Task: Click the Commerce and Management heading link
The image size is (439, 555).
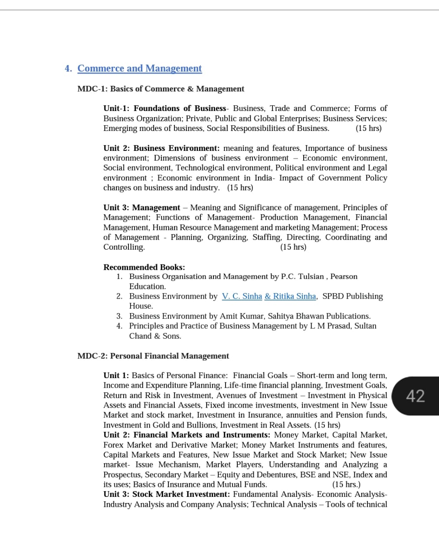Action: tap(139, 69)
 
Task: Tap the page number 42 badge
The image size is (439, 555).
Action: tap(415, 396)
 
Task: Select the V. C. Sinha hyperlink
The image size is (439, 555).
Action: tap(242, 296)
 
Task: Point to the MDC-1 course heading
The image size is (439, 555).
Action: tap(161, 89)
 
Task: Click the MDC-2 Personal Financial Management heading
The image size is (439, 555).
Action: tap(153, 356)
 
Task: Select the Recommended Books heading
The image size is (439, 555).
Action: tap(144, 267)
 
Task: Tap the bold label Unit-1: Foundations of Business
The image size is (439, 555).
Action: tap(165, 108)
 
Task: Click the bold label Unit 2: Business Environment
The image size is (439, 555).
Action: tap(161, 148)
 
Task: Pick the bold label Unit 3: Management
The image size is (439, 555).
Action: tap(141, 208)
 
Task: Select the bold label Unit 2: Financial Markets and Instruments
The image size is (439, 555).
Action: tap(187, 435)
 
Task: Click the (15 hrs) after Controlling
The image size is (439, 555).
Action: tap(293, 247)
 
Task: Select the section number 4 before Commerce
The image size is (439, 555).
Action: tap(68, 69)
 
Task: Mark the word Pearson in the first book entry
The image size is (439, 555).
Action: tap(344, 277)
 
